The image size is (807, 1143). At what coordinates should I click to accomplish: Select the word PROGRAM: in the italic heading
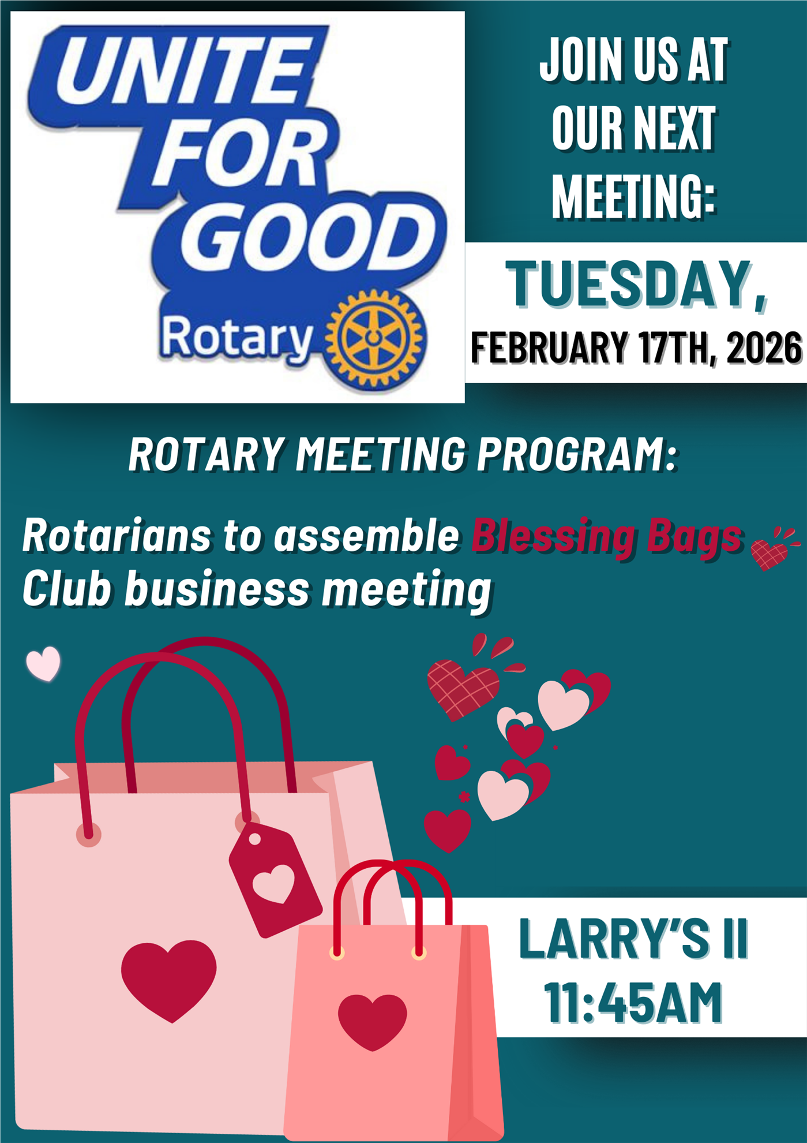[576, 454]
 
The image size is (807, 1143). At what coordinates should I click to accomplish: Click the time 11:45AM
[633, 1003]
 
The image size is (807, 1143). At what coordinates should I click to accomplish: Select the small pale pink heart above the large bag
[43, 663]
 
